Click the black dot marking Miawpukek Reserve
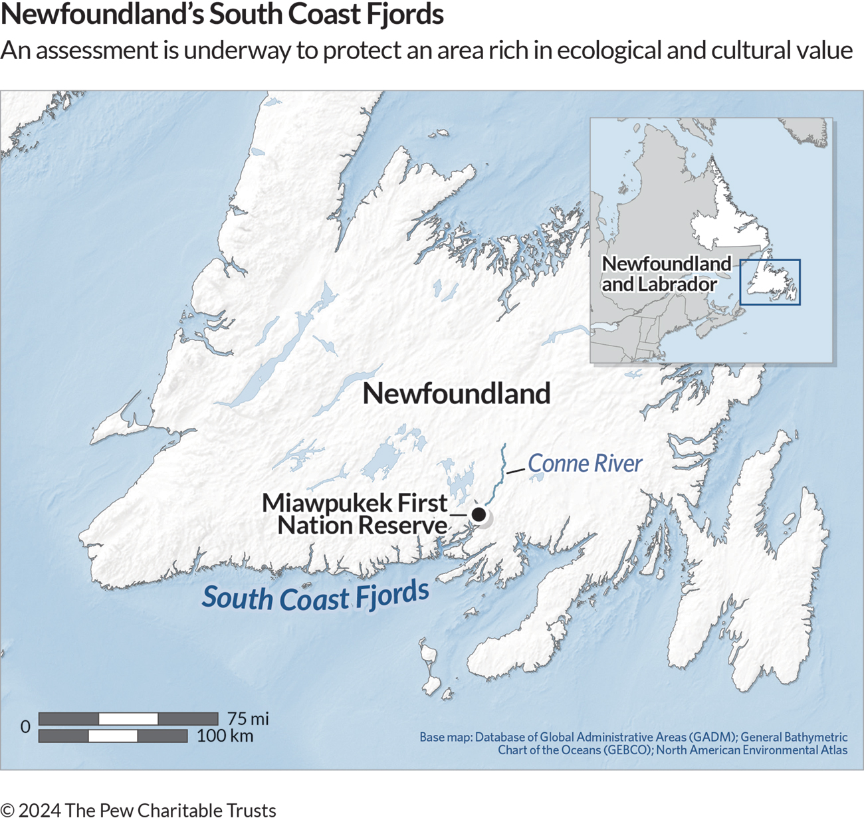(x=479, y=514)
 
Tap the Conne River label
(x=585, y=464)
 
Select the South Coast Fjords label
(x=316, y=595)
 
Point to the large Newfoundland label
(x=457, y=393)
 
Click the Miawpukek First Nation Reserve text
(x=356, y=514)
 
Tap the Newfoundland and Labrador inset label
(x=665, y=274)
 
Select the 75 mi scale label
(x=248, y=718)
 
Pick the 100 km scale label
(x=225, y=736)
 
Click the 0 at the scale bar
(x=25, y=727)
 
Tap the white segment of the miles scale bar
(x=128, y=718)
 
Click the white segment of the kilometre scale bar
(x=113, y=736)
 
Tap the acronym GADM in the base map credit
(x=711, y=737)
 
